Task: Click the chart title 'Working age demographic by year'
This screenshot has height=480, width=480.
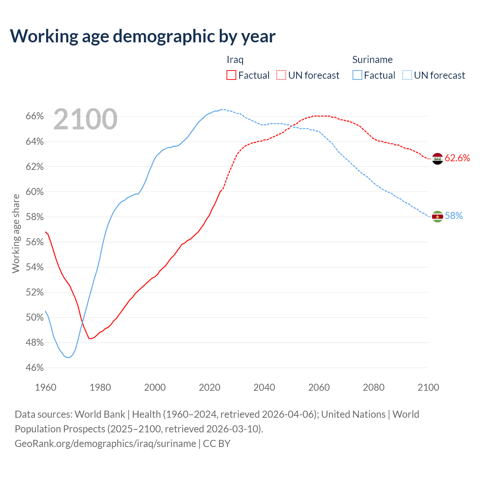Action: pos(142,36)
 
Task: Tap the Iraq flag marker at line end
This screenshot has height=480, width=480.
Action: pos(437,159)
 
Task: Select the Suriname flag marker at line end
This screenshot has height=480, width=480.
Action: pos(437,216)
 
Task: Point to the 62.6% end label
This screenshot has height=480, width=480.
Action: pos(457,158)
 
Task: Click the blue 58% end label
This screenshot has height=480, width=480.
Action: pos(454,216)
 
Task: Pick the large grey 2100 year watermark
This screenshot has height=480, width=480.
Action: pos(85,119)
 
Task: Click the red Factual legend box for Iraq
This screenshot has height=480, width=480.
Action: pos(231,75)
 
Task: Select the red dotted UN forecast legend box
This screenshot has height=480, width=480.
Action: pos(281,75)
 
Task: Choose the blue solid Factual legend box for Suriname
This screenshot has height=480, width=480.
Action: pos(357,75)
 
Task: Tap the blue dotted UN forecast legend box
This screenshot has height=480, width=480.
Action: pos(407,75)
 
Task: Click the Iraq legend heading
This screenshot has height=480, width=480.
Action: pos(235,60)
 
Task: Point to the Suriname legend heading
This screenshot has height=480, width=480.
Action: pos(372,60)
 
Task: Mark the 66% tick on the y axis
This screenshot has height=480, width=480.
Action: pos(34,116)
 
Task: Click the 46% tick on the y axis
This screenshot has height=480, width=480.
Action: pos(34,368)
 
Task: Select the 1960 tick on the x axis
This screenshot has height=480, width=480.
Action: pos(45,387)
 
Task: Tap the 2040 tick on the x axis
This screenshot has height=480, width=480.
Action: pos(264,387)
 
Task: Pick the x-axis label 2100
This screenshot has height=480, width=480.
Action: pos(428,387)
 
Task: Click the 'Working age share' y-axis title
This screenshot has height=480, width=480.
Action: pos(16,233)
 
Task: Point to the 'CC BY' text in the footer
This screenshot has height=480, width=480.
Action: pos(217,444)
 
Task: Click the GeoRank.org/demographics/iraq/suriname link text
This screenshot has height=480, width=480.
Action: pos(105,444)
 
